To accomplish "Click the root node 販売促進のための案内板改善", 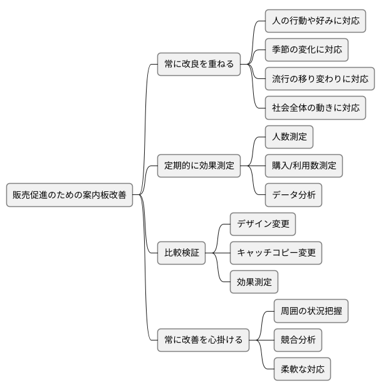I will tap(70, 195).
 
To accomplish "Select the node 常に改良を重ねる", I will tap(198, 64).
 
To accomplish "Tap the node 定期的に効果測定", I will tap(198, 166).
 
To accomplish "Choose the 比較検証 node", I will tap(181, 253).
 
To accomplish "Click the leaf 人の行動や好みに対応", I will tap(315, 21).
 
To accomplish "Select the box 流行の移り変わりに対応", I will tap(320, 78).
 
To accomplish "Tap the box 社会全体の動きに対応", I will tap(315, 107).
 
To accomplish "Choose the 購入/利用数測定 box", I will tap(304, 166).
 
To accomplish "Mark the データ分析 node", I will tap(293, 195).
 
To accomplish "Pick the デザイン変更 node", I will tap(262, 224).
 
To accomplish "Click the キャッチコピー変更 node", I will tap(276, 253).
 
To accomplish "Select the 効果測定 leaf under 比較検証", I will tap(254, 282).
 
